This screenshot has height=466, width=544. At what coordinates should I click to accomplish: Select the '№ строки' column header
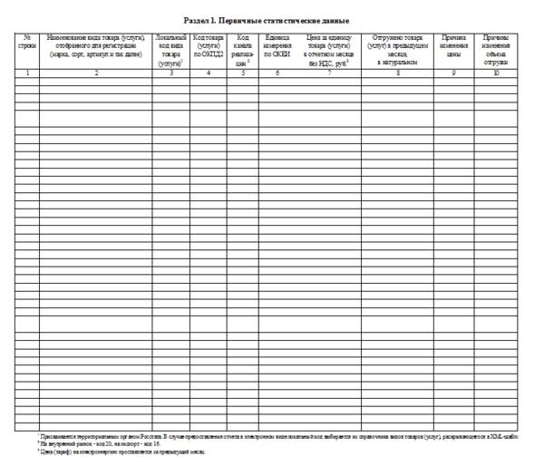[26, 43]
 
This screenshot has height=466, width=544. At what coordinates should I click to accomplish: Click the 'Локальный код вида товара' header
[170, 51]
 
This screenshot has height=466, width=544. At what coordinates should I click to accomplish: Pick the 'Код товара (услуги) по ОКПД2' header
[209, 43]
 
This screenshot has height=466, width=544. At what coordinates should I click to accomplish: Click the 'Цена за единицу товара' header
[329, 51]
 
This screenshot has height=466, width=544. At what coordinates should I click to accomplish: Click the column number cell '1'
[26, 72]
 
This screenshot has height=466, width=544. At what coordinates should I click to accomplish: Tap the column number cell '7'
[329, 72]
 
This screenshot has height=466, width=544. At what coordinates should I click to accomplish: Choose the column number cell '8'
[396, 72]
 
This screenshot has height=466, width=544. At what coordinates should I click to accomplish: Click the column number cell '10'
[495, 72]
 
